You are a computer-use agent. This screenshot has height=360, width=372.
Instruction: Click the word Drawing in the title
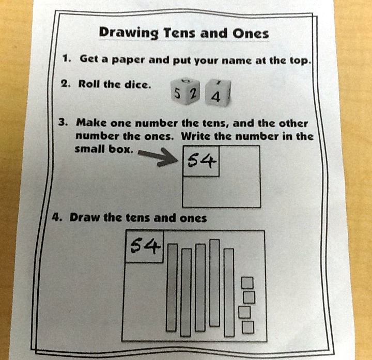coord(129,33)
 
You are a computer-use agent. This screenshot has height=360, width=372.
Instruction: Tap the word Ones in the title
coord(251,33)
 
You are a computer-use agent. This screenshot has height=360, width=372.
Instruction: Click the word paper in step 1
coord(128,60)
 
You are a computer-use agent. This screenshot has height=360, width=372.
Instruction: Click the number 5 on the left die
coord(177,93)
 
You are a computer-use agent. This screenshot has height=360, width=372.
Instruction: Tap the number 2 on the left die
coord(193,94)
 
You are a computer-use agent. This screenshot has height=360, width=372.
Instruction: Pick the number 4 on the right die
coord(215,97)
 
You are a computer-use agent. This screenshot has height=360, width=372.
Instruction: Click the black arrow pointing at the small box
coord(158,157)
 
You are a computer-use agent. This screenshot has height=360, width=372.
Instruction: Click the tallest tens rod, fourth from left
coord(215,283)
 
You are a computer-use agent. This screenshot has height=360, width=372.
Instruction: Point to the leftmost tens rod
coord(172,287)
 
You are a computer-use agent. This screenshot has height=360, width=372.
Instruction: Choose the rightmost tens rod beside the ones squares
coord(229,292)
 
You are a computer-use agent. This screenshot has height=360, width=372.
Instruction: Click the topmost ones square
coord(247,283)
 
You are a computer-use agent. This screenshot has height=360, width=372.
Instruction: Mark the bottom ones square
coord(248,327)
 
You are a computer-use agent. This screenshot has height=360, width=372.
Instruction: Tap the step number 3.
coord(63,122)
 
